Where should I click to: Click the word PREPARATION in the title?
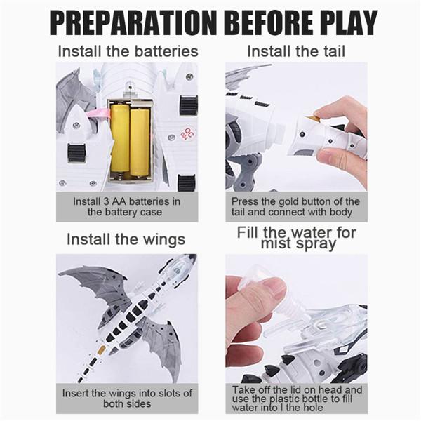(x=133, y=22)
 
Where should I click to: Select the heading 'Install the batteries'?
(x=128, y=51)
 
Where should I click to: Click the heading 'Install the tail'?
(x=296, y=51)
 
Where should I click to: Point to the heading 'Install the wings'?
(x=126, y=239)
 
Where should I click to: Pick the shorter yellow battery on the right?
(x=140, y=142)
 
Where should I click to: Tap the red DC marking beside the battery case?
(x=188, y=133)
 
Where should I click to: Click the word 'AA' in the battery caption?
(x=120, y=201)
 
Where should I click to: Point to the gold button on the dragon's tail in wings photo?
(x=101, y=350)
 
